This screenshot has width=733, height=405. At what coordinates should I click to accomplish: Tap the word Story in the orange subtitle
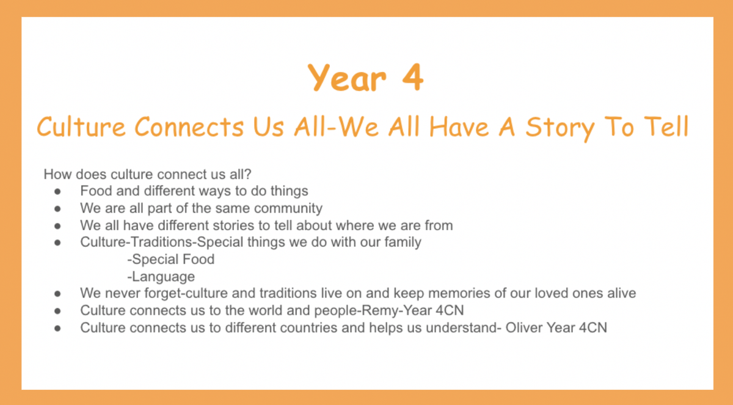point(560,128)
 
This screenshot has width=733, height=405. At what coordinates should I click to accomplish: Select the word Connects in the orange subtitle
point(189,126)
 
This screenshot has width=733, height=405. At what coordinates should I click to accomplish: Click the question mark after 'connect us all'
point(248,174)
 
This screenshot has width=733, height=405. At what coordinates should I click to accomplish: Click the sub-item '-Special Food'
point(171,260)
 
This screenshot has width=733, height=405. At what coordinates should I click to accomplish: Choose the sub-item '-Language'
point(161,277)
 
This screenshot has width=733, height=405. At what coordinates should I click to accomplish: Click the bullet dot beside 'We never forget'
point(57,294)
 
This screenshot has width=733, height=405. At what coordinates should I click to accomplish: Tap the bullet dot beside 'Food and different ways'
point(57,191)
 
